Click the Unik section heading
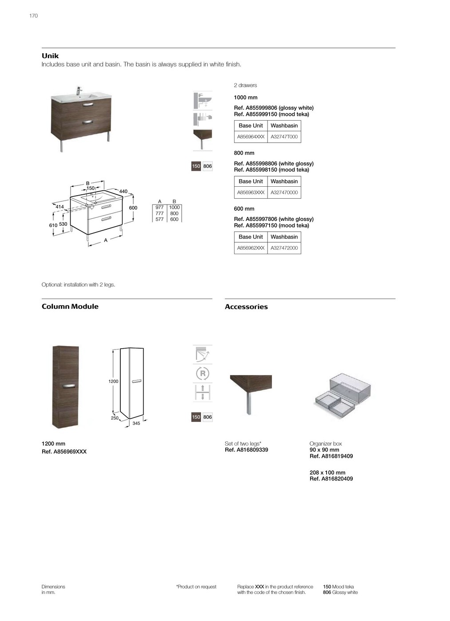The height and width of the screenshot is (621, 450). coord(50,56)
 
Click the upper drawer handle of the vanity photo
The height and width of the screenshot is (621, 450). coord(88,105)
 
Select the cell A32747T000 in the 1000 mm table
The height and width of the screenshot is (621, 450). coord(284,137)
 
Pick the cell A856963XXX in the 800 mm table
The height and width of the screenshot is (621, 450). coord(251,193)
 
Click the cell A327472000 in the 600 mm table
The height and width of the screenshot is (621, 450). coord(284,248)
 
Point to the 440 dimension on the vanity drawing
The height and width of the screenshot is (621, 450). coord(123,192)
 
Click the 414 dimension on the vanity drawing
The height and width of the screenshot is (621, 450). coord(60,207)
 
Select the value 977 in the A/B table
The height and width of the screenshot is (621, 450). coord(159,208)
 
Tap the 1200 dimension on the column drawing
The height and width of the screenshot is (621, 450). coord(113,381)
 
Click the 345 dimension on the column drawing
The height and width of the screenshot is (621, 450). coord(136,423)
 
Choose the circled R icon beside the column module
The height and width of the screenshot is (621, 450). coord(203,373)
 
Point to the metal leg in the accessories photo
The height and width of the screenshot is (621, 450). coord(249,403)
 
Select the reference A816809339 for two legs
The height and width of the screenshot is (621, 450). coord(247,450)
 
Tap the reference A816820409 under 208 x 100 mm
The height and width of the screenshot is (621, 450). coord(331,479)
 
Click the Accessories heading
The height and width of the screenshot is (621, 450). coord(246,307)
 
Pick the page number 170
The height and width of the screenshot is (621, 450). coord(34,16)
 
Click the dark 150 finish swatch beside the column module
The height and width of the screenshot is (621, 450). coord(196,417)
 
